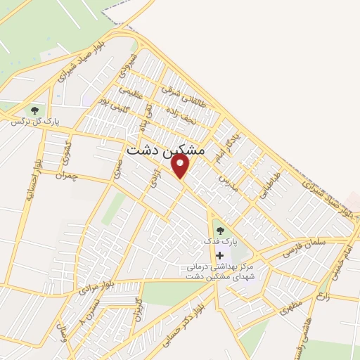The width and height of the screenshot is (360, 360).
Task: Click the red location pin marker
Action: (181, 166)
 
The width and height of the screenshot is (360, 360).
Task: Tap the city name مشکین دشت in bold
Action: (166, 150)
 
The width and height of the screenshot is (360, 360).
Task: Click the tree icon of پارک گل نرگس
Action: (33, 110)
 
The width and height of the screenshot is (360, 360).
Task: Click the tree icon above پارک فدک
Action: (220, 229)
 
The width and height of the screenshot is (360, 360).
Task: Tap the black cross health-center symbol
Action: (220, 255)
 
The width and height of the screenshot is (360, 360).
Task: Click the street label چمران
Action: (69, 174)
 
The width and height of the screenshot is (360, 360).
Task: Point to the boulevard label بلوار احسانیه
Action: (30, 179)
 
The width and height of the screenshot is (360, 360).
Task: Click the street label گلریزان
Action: (138, 312)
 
